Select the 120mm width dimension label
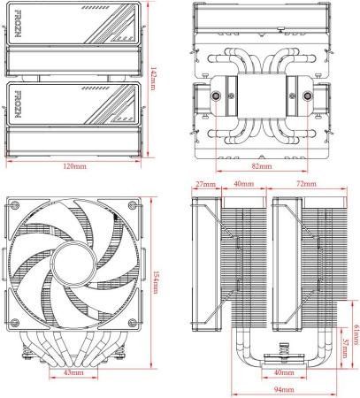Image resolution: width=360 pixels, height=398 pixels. click(x=73, y=166)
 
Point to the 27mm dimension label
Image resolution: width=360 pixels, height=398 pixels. click(x=205, y=185)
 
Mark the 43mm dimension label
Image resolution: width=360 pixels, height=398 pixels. click(x=73, y=373)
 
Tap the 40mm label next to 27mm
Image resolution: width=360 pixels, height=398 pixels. click(x=242, y=185)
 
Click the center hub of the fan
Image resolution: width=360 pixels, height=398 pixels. click(x=73, y=263)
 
